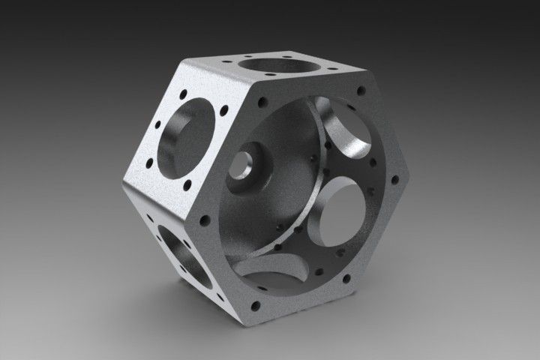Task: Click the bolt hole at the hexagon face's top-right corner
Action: tap(362, 91)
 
